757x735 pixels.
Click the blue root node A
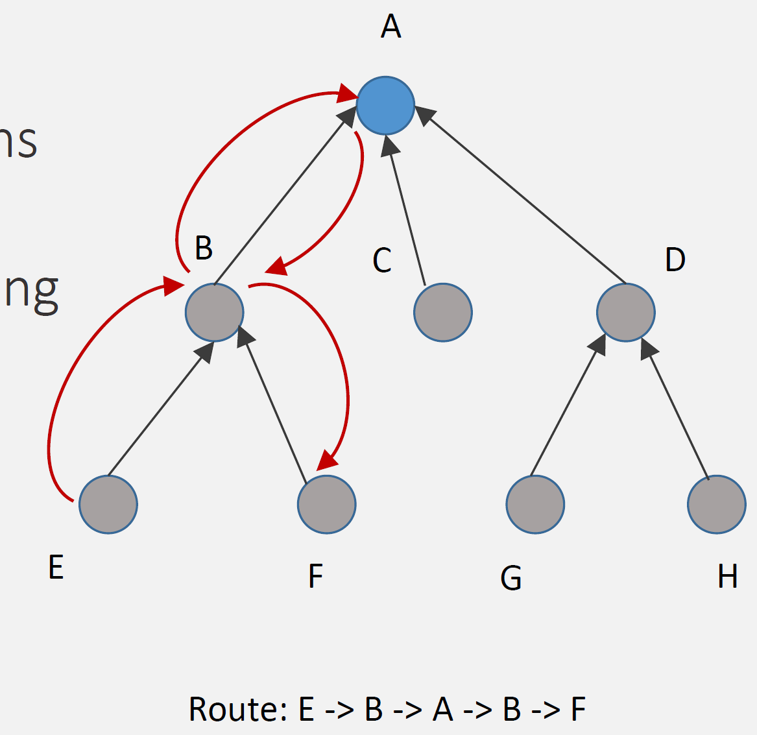pos(385,105)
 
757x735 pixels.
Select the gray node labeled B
pos(214,312)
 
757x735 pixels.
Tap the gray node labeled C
pos(443,312)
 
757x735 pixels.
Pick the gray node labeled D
pos(626,312)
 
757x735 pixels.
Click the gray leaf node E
pos(108,504)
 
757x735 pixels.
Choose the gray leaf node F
pos(327,504)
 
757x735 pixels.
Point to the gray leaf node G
pos(535,504)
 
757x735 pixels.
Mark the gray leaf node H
pos(717,504)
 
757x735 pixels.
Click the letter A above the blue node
pos(391,27)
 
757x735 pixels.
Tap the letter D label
pos(675,259)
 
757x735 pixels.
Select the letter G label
pos(511,577)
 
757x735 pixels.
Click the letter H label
pos(727,576)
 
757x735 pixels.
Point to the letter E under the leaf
pos(56,568)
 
